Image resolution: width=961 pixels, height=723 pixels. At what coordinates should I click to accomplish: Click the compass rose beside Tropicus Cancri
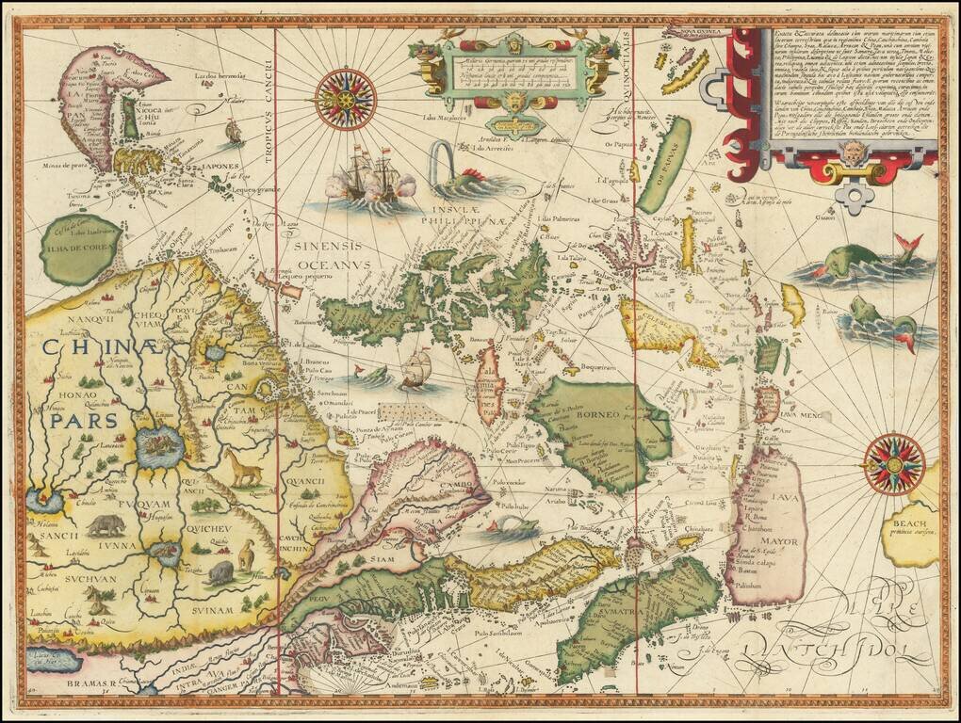tap(345, 99)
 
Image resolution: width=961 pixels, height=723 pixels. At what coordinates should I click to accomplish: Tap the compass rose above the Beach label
tap(894, 463)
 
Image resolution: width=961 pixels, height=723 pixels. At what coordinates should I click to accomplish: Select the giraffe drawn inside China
tap(242, 468)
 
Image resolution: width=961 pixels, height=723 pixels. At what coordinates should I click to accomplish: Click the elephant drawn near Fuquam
tap(106, 524)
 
